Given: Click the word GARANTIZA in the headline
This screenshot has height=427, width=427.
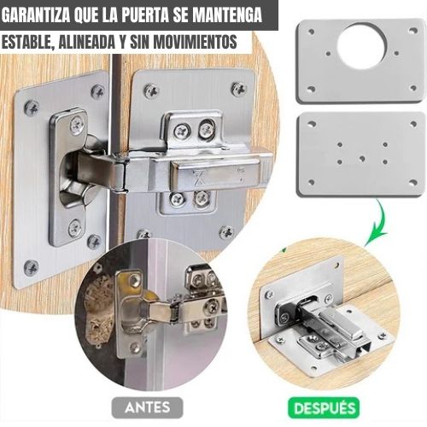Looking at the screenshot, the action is click(36, 15).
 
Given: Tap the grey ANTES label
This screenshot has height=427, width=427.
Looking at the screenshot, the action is click(148, 407).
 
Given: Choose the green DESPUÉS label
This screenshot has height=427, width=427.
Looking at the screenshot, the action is click(324, 407).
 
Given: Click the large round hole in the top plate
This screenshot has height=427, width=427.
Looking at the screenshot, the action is click(361, 46).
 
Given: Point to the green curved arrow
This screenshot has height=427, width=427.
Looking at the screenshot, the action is click(377, 222).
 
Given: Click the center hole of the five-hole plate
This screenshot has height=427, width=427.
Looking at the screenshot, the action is click(362, 158).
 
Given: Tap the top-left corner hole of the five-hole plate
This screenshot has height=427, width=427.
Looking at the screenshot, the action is click(312, 125).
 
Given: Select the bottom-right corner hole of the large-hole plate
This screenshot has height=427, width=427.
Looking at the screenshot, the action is click(412, 88).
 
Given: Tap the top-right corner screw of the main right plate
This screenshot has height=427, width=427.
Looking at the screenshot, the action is click(238, 89).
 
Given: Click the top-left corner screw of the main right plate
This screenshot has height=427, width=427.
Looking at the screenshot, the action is click(151, 91).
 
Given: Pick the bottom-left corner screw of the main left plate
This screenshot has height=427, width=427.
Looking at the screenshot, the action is click(31, 267).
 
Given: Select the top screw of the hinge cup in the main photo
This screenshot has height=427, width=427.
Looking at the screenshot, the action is click(77, 125).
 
